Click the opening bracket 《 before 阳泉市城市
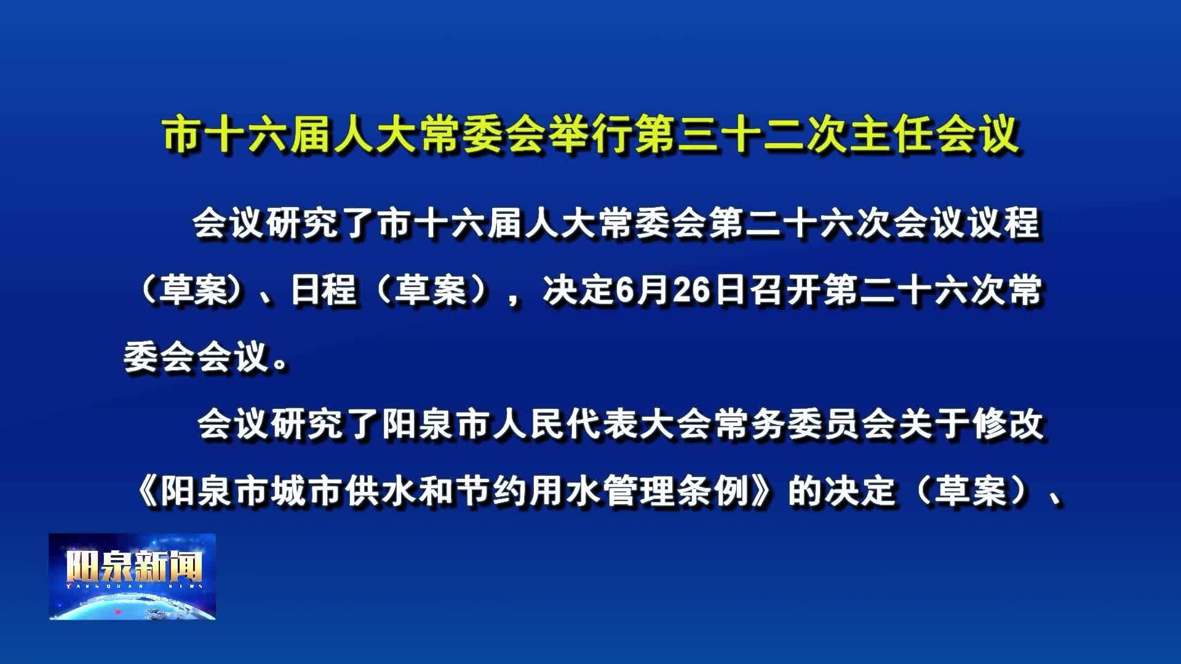(x=148, y=491)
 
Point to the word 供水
(x=380, y=491)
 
